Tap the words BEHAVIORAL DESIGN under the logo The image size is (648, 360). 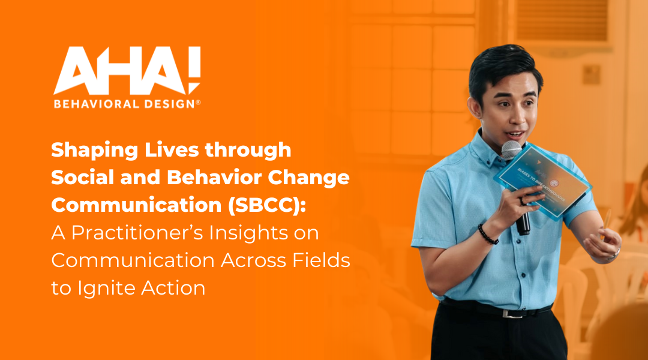127,104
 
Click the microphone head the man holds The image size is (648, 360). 511,149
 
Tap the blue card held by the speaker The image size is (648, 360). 543,180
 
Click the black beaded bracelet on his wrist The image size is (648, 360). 487,234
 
